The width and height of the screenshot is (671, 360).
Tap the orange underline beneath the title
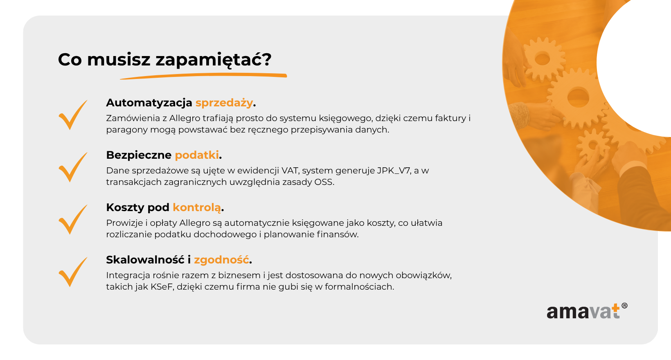[x=203, y=76]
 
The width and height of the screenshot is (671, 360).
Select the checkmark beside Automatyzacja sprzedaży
[x=73, y=115]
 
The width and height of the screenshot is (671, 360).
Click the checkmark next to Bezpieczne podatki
[x=73, y=167]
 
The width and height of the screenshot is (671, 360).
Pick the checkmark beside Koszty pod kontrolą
[x=73, y=220]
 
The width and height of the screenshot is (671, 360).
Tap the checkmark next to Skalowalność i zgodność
[x=73, y=272]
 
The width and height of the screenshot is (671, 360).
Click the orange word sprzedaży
[x=224, y=103]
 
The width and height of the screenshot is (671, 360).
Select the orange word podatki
[x=197, y=155]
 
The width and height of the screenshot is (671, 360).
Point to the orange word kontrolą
[x=197, y=208]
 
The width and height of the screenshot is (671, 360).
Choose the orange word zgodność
[x=221, y=260]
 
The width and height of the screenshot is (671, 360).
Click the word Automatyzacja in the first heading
[x=149, y=103]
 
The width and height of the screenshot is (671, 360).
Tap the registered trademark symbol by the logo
[x=624, y=306]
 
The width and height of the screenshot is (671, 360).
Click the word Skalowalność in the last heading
[x=145, y=260]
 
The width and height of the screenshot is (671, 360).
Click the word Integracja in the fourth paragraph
[x=128, y=276]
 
